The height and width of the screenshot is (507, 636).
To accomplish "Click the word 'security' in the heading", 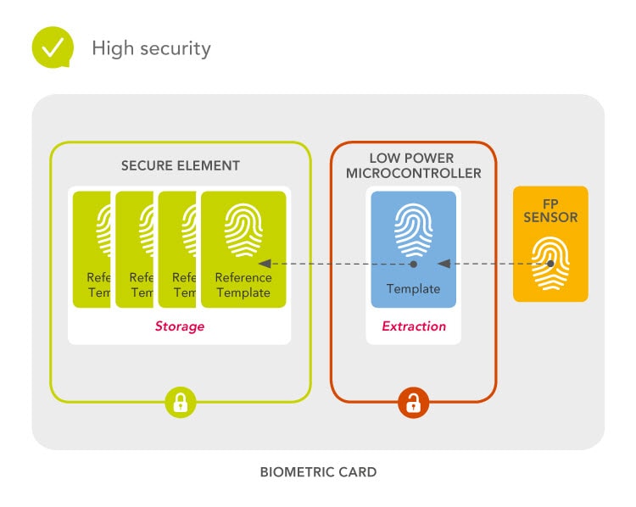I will point(176,48).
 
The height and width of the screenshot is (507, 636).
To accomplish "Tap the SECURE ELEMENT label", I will point(181,166).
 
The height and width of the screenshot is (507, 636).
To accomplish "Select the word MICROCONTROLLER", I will point(413,174).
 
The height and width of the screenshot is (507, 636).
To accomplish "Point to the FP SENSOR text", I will point(550,210).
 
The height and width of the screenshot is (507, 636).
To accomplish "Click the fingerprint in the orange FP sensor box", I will point(550,259).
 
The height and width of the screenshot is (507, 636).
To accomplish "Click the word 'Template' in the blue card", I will point(413,288).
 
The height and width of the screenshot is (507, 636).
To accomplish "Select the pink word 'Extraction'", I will point(413,326).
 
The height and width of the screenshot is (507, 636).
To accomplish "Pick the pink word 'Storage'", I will point(180,326).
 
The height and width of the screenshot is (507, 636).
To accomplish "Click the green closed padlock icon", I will point(180,402).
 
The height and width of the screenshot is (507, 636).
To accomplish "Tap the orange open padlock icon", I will point(413,402).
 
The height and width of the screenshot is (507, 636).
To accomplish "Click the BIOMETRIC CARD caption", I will point(318,471).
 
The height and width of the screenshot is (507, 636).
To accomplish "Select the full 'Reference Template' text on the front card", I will point(243,285).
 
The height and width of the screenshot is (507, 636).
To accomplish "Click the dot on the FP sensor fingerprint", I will point(550,264).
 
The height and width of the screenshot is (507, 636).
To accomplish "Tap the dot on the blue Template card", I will point(413,264).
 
